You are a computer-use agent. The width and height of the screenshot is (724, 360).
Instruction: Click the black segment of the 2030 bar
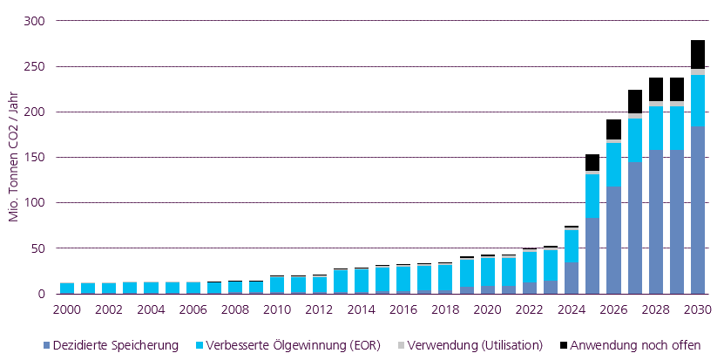698,54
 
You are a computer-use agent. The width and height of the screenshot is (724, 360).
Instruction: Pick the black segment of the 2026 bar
613,129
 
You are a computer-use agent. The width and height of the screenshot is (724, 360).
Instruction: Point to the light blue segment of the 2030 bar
698,100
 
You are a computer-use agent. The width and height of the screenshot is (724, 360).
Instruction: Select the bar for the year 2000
66,289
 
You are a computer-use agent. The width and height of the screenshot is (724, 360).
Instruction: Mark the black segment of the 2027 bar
635,101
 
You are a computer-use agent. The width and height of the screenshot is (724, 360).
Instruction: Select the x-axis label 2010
278,309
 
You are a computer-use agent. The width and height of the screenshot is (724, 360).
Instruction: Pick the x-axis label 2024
572,309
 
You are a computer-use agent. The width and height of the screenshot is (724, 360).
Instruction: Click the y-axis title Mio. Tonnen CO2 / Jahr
15,157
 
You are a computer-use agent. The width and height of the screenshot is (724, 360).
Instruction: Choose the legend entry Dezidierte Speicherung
113,345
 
